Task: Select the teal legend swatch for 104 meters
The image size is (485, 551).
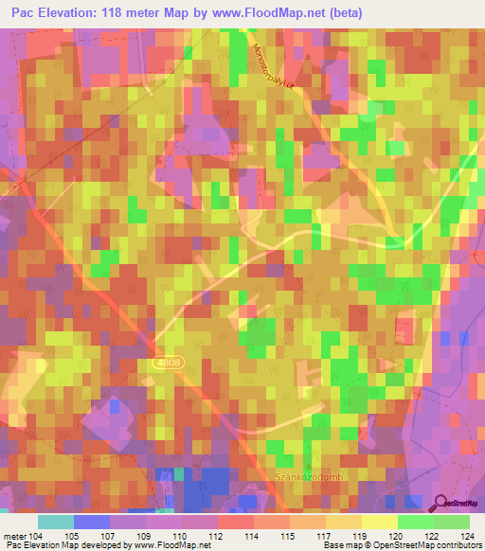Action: tap(55, 522)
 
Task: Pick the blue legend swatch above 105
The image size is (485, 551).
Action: tap(91, 522)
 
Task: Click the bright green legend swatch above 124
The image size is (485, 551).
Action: tap(452, 522)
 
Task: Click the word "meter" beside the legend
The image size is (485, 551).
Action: tap(15, 536)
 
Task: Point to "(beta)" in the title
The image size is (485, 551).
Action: tap(345, 14)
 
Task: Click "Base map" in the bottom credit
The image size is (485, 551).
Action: tap(339, 546)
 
